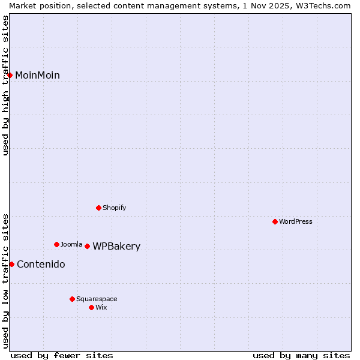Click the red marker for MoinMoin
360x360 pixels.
pos(10,75)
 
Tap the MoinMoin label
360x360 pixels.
pos(37,75)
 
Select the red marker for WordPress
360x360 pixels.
pos(275,221)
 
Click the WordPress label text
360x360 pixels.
pos(296,221)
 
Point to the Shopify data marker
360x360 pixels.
pos(98,208)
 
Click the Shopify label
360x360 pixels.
pos(114,208)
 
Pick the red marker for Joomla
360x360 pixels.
pos(56,244)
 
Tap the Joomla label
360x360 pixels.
pos(71,244)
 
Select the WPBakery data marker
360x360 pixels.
pos(87,246)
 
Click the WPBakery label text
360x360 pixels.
pos(116,247)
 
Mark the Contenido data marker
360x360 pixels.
pos(11,264)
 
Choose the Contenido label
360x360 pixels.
pos(41,265)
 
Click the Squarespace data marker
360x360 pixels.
pos(72,299)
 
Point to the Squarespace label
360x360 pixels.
pos(97,299)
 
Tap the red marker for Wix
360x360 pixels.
pos(91,307)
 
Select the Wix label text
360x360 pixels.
pos(101,307)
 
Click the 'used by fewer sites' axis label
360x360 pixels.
pos(62,355)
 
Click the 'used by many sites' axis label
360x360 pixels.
pos(301,355)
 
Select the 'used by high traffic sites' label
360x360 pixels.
pos(5,85)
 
